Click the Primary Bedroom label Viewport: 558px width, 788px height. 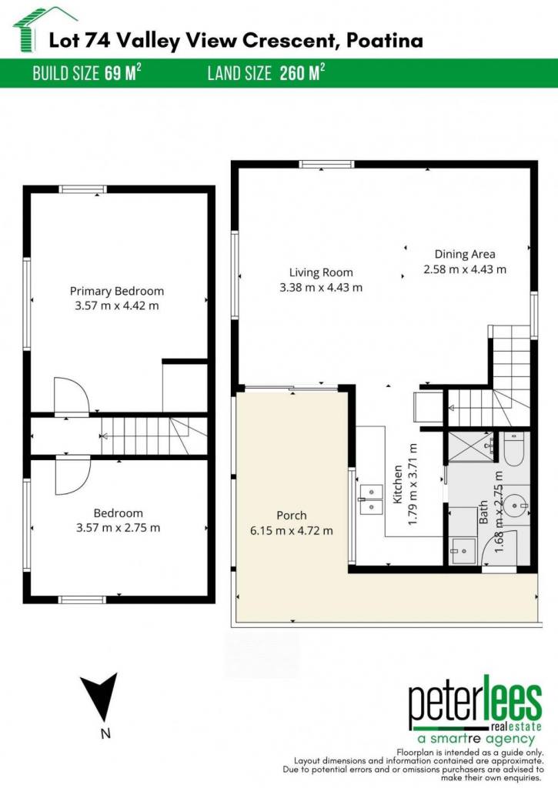tap(117, 291)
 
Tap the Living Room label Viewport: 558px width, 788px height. tap(321, 272)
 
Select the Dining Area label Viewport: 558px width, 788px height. tap(465, 254)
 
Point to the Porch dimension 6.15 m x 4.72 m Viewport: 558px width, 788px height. tap(292, 531)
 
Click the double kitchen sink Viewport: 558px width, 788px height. tap(370, 499)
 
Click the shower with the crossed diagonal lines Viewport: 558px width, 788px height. tap(470, 445)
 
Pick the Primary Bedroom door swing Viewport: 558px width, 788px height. tap(72, 396)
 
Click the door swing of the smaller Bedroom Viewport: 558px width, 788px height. tap(72, 476)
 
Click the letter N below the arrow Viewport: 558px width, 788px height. tap(105, 733)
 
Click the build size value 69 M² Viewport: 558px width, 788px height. tap(122, 73)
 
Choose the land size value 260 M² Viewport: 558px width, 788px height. tap(302, 73)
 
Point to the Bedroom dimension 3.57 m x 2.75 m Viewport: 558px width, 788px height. tap(118, 528)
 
